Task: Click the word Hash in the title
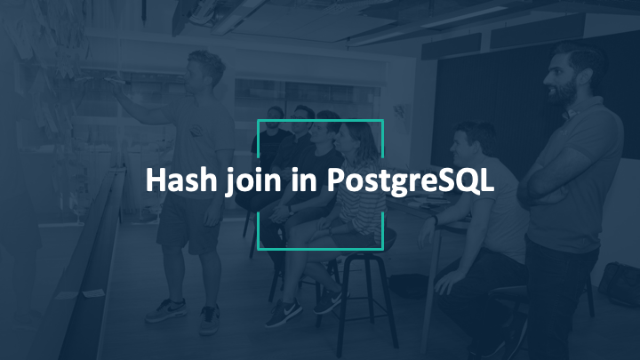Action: click(x=181, y=180)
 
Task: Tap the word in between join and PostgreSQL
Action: click(x=304, y=180)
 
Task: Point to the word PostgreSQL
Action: click(x=411, y=181)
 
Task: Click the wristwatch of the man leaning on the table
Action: click(x=436, y=220)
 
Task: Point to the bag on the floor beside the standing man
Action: click(x=619, y=284)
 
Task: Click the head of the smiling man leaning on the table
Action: click(x=473, y=143)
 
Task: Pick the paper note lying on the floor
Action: click(x=93, y=293)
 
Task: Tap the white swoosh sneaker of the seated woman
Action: click(x=284, y=313)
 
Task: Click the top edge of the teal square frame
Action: click(x=320, y=121)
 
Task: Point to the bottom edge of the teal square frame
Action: click(x=320, y=249)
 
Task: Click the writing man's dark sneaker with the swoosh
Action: click(x=166, y=310)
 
